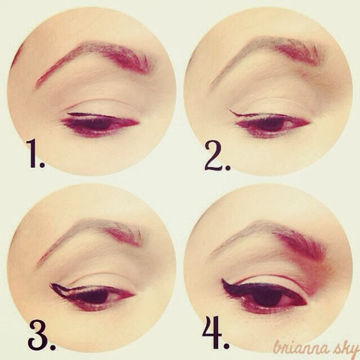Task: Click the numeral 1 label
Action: (x=35, y=154)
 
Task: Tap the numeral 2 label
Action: (x=217, y=156)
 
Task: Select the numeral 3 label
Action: (x=42, y=335)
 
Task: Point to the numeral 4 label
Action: (x=215, y=333)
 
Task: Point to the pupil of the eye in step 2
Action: (x=271, y=125)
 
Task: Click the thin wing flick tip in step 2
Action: (x=230, y=111)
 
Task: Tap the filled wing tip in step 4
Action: (x=222, y=279)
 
